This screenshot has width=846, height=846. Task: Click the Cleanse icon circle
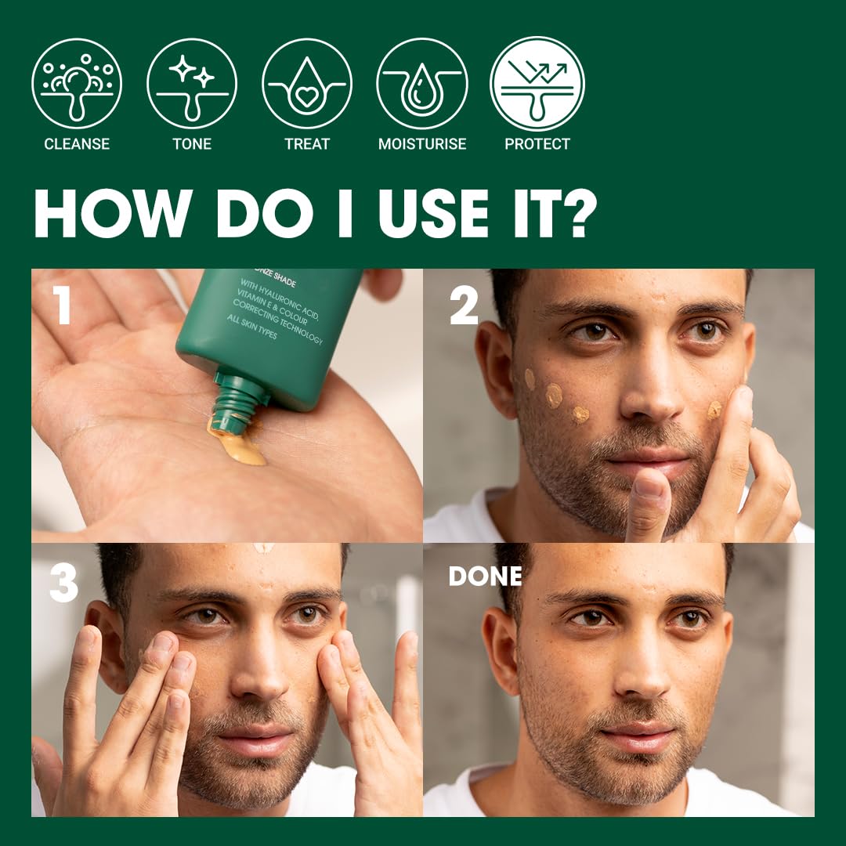[x=77, y=84]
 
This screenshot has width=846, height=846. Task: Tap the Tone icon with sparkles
[x=192, y=84]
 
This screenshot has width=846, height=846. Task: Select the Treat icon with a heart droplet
[x=307, y=84]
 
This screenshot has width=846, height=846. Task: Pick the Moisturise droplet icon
[x=422, y=84]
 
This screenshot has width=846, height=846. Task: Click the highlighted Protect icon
[x=537, y=84]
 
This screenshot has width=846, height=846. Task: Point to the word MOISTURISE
[x=422, y=144]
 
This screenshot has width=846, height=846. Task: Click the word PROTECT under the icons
[x=537, y=144]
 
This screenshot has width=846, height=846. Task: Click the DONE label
[x=485, y=577]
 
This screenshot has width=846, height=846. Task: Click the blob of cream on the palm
[x=239, y=446]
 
